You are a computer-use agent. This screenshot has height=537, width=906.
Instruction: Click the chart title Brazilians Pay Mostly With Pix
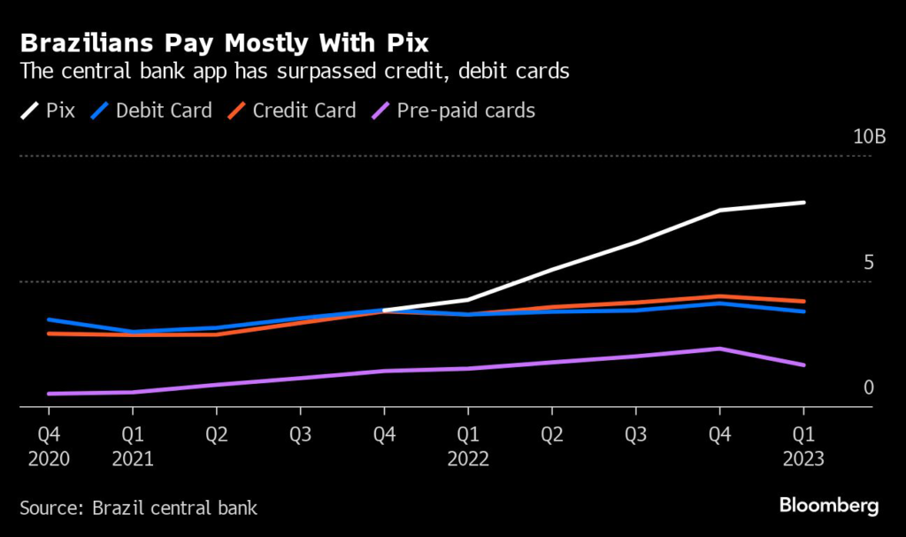click(225, 42)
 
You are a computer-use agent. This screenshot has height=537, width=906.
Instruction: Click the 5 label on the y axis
click(868, 263)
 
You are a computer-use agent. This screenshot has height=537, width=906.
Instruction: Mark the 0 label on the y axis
click(868, 387)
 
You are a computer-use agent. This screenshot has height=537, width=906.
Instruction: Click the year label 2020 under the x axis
click(48, 459)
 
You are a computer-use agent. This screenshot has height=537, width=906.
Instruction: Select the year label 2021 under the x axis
click(132, 459)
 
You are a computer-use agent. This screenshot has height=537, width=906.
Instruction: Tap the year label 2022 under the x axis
click(468, 459)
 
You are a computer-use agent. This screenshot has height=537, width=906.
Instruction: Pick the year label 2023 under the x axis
click(803, 459)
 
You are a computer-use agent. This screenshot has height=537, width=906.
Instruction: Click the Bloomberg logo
click(829, 506)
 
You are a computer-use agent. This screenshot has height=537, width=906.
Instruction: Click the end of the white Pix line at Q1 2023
click(803, 203)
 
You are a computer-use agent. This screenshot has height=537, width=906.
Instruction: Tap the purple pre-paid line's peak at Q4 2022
click(719, 349)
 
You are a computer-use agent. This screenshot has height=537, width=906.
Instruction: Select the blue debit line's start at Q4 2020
click(49, 319)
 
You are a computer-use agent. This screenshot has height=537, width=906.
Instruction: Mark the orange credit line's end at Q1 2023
click(803, 302)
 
